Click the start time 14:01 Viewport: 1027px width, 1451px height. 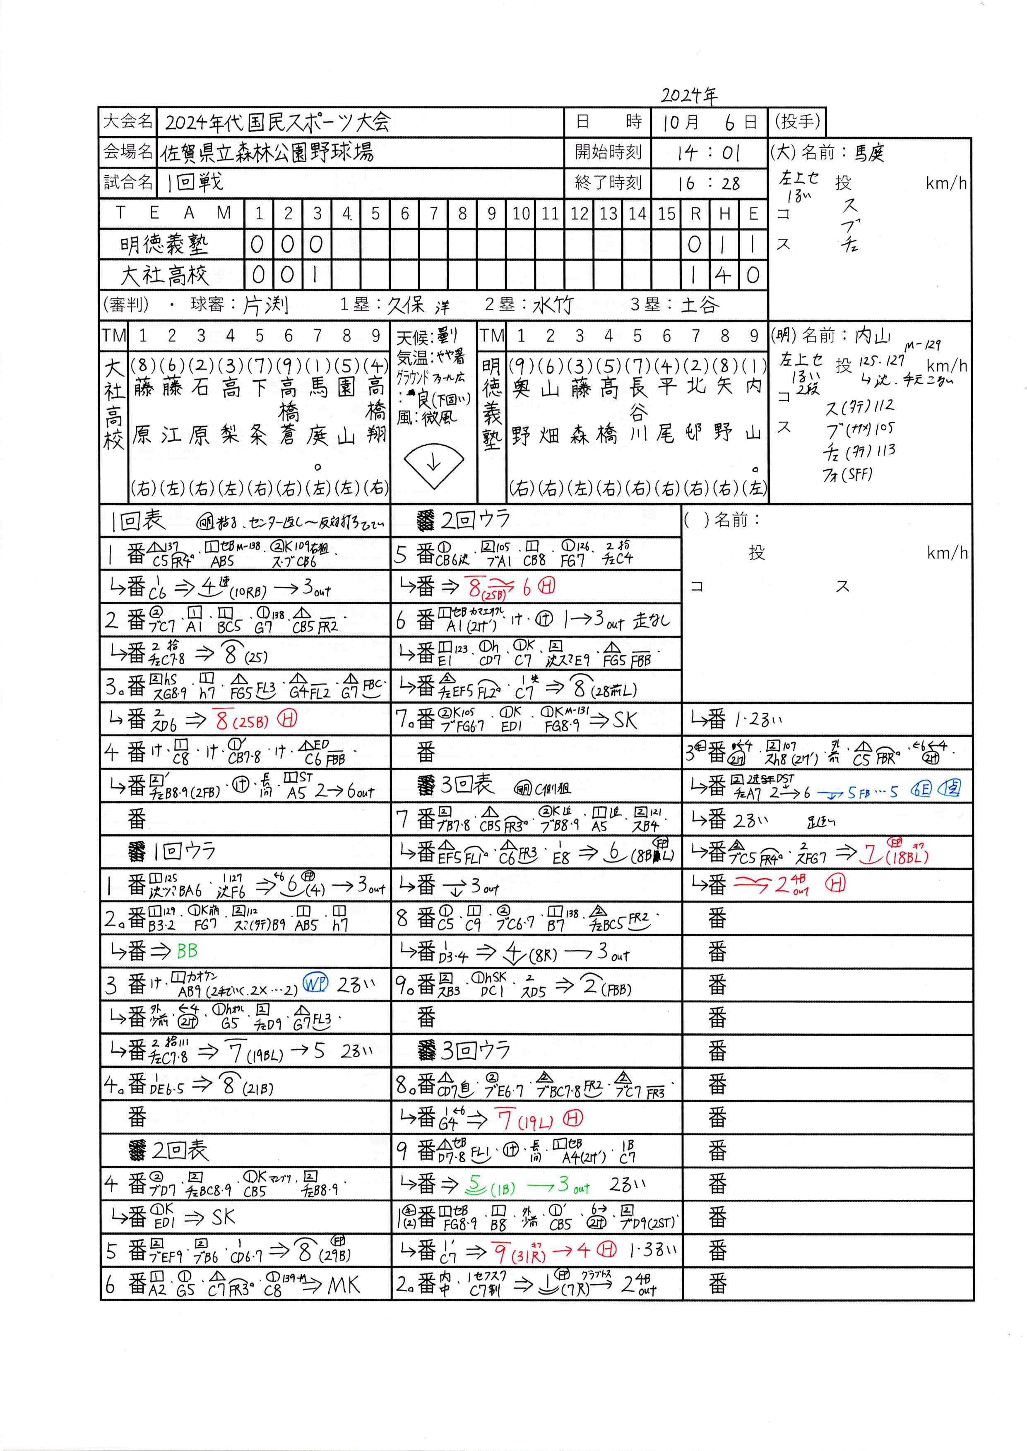[x=708, y=153]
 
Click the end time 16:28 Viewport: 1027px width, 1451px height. [x=708, y=183]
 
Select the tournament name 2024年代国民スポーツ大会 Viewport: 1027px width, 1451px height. [x=278, y=122]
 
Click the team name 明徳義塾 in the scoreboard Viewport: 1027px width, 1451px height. [x=164, y=245]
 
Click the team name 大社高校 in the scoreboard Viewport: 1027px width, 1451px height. [x=164, y=276]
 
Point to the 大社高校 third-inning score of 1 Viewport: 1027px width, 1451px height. [x=316, y=276]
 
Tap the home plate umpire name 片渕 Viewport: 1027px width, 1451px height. [x=266, y=306]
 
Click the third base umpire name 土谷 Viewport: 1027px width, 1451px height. [x=700, y=306]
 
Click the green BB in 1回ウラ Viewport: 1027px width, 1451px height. [x=187, y=951]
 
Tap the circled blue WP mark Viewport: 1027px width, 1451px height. [x=315, y=983]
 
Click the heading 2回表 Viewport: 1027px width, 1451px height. [x=180, y=1150]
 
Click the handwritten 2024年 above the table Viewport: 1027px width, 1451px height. [x=689, y=96]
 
